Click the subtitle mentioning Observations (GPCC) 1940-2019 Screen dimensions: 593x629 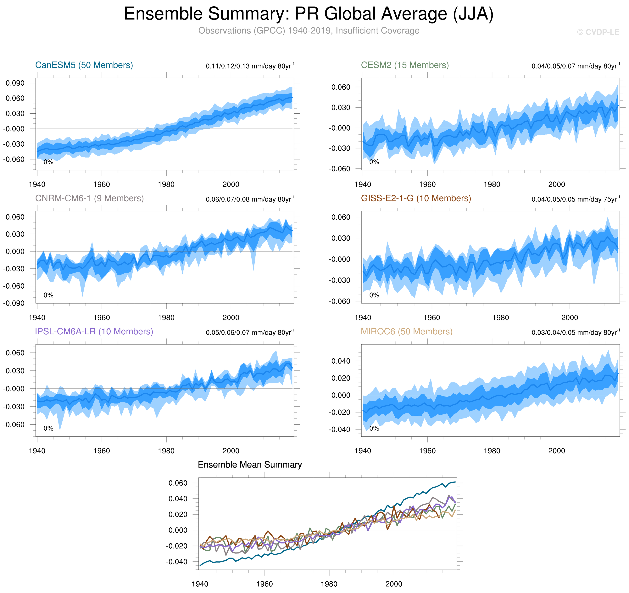(309, 31)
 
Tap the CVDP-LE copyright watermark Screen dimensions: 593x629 (598, 32)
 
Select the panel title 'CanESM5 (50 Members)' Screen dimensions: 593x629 (84, 65)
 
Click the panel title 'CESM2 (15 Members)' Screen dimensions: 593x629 (405, 65)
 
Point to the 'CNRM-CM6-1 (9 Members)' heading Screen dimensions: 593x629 (89, 198)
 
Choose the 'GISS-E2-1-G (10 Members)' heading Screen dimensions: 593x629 (416, 198)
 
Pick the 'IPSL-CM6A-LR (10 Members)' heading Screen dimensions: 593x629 (94, 331)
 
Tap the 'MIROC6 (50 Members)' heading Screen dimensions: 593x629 (407, 331)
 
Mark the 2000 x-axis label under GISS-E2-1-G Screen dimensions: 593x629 (570, 317)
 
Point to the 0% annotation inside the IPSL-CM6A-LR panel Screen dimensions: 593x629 (48, 428)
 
